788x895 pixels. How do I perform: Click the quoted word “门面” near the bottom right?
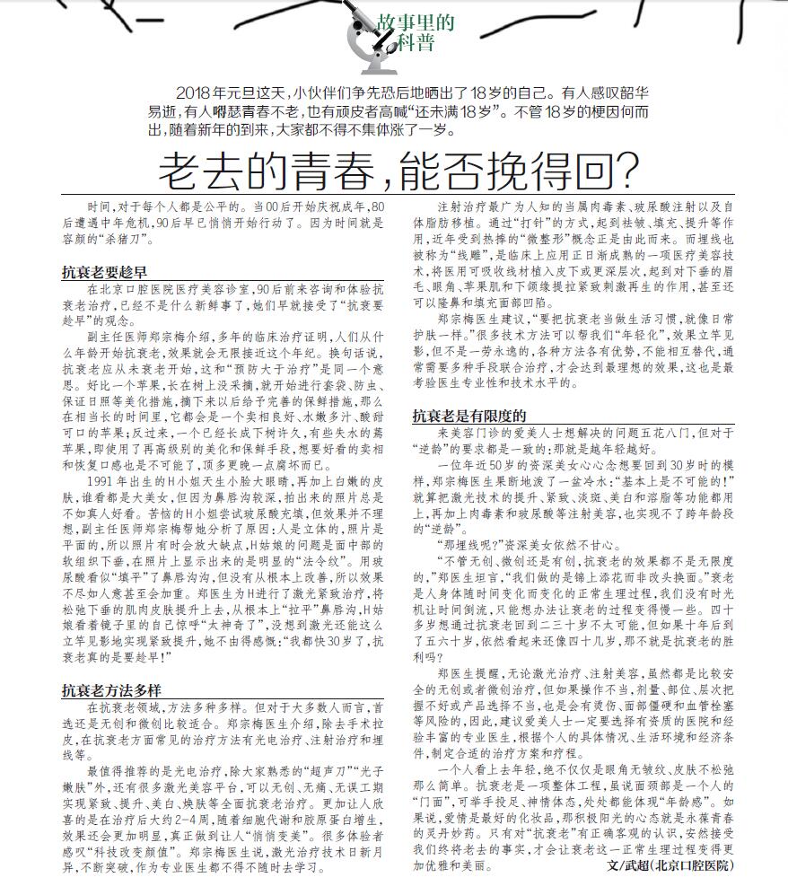tap(437, 800)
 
